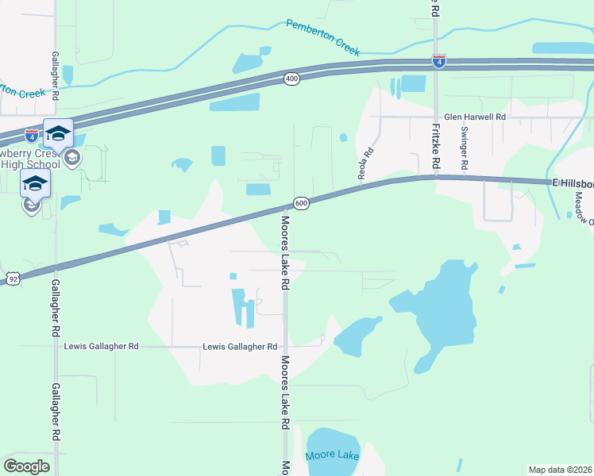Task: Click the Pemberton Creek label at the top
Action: (323, 36)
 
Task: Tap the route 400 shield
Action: (292, 79)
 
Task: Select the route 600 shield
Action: (301, 203)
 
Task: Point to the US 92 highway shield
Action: (13, 278)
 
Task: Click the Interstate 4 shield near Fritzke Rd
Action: (439, 60)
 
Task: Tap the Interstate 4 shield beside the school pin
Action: (31, 136)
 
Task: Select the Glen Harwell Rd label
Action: (475, 117)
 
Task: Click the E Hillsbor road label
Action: (573, 182)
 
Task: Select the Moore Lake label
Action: (332, 456)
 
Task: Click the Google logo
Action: (26, 466)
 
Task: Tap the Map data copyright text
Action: (561, 470)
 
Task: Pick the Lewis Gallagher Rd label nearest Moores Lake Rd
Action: (239, 347)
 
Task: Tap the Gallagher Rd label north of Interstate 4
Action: (55, 75)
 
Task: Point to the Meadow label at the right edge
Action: (577, 205)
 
